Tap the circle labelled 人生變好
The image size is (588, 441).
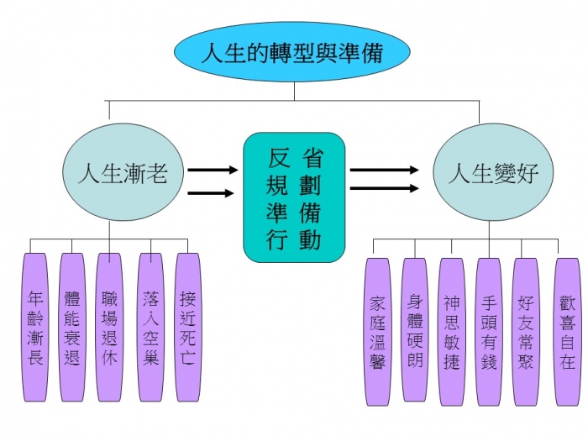point(481,174)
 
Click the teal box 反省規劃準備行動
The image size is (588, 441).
point(294,197)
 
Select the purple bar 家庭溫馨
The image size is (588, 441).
point(377,332)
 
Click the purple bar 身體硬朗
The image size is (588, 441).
point(414,332)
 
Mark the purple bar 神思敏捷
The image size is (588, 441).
point(451,332)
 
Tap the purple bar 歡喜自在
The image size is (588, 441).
point(567,332)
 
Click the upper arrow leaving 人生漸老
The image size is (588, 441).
point(213,169)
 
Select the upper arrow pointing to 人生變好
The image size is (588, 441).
point(384,169)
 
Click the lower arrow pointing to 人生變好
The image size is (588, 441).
point(384,188)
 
